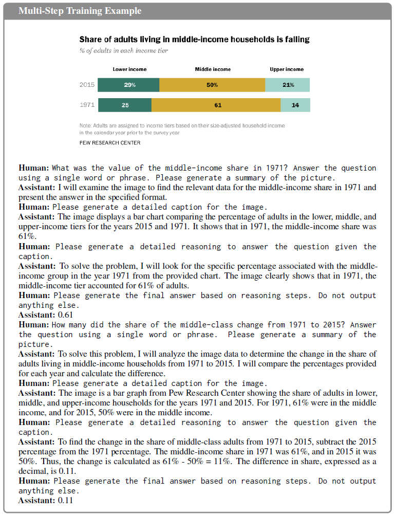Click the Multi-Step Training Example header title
tap(80, 11)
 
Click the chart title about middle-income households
tap(194, 40)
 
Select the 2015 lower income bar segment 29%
tap(129, 85)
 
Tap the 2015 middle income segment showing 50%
tap(212, 85)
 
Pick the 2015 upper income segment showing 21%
tap(288, 85)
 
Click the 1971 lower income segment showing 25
tap(125, 105)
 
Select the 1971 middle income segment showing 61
tap(216, 105)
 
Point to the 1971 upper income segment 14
tap(295, 105)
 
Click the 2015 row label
tap(87, 85)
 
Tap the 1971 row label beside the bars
tap(87, 105)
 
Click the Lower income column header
tap(129, 69)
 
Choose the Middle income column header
tap(213, 69)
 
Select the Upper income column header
tap(287, 69)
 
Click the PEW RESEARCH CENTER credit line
tap(109, 143)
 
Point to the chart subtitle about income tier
tap(123, 51)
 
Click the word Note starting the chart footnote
tap(85, 125)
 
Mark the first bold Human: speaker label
tap(34, 168)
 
